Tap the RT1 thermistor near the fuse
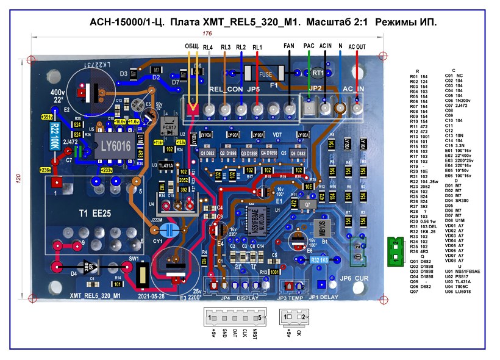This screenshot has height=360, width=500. click(x=318, y=73)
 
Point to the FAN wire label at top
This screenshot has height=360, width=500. click(x=290, y=46)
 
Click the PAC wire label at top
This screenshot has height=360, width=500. click(x=309, y=46)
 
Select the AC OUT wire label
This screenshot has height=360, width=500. click(x=357, y=46)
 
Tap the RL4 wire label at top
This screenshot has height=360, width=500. click(x=208, y=47)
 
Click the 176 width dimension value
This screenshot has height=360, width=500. click(x=207, y=34)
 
